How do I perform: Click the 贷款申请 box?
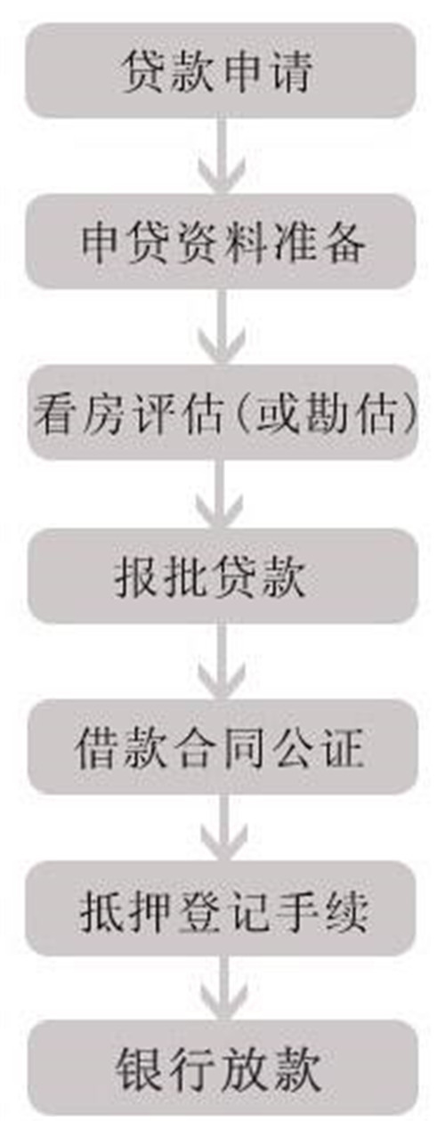tap(221, 71)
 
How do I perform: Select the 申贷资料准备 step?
tap(221, 241)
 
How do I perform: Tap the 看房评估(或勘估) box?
tap(222, 411)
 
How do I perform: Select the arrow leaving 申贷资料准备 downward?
tap(222, 327)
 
